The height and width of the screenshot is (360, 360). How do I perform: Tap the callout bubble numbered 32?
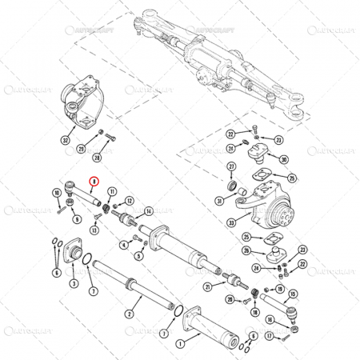tap(65, 139)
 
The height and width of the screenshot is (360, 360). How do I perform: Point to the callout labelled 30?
tap(284, 160)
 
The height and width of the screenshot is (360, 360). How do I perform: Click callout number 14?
tap(149, 211)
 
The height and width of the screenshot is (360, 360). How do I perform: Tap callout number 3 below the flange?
tap(74, 283)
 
